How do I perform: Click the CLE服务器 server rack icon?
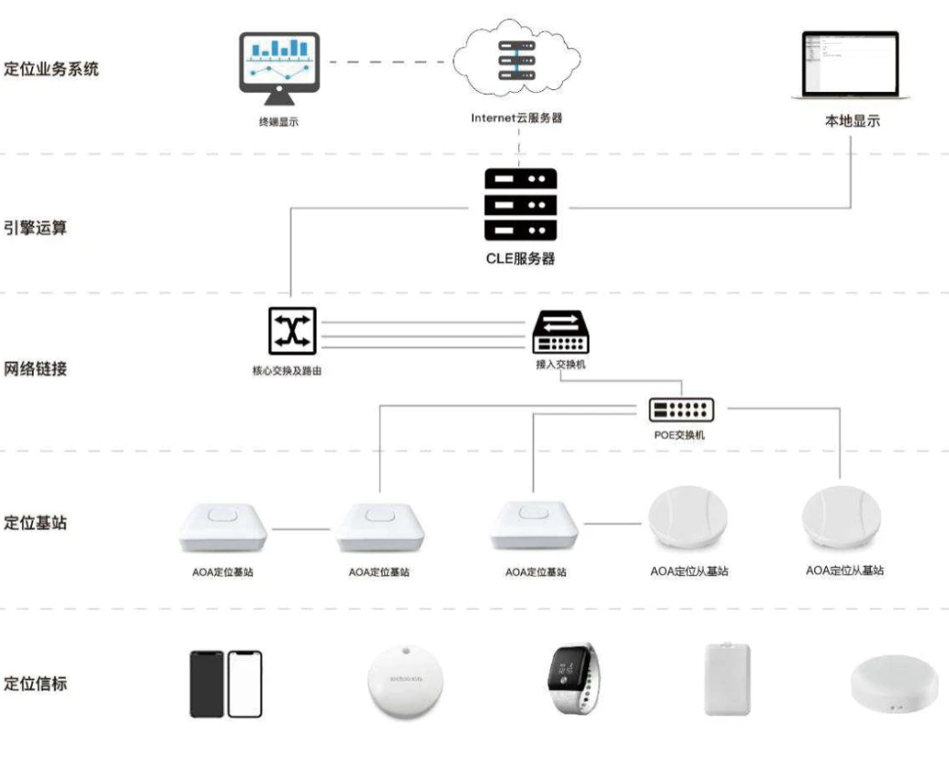coord(520,205)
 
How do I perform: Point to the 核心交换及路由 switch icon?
coord(291,330)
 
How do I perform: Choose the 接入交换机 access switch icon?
coord(559,333)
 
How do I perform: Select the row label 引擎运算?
coord(36,228)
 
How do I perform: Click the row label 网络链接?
coord(36,369)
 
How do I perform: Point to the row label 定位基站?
coord(36,523)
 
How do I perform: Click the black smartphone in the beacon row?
coord(207,684)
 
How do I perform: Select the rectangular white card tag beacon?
coord(726,679)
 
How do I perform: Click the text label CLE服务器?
coord(520,258)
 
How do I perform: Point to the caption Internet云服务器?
coord(516,117)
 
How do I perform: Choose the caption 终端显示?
coord(278,120)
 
